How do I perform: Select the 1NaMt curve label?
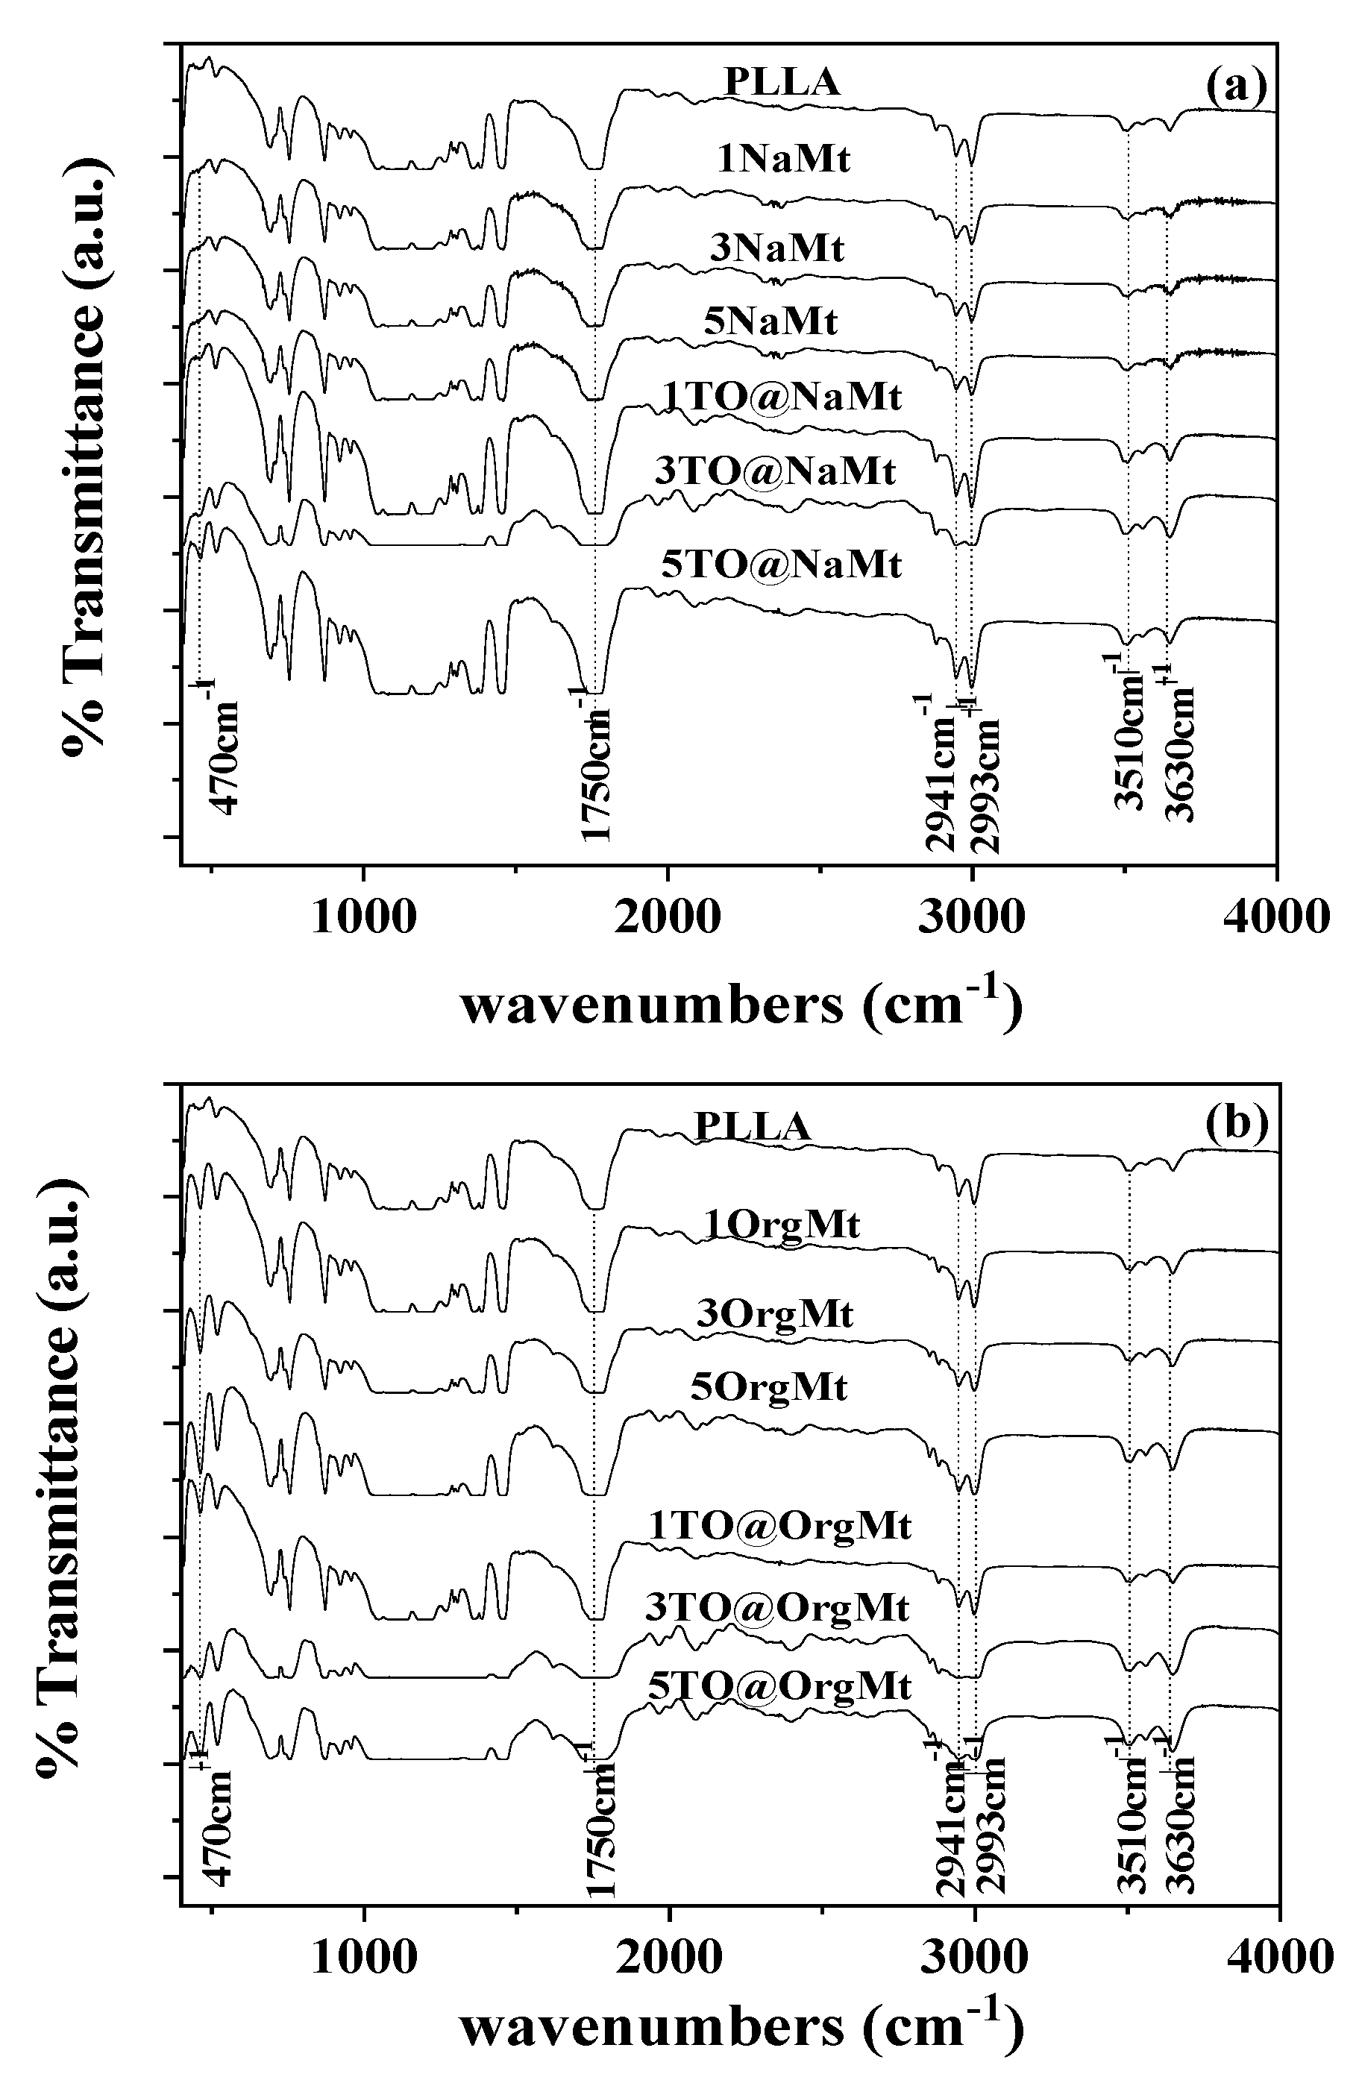[783, 160]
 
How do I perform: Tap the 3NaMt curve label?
[776, 248]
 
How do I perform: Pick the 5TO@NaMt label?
[781, 565]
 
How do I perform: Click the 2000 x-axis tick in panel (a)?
[667, 917]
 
